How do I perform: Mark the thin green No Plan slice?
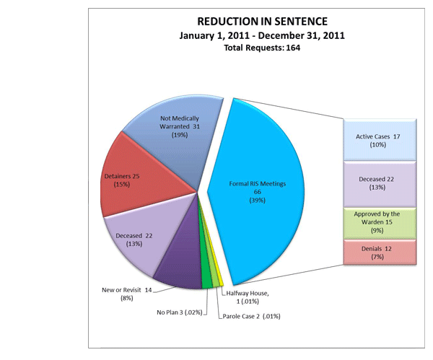click(x=206, y=281)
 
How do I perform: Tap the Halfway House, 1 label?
click(x=250, y=297)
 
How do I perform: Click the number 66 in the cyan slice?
click(x=258, y=193)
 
